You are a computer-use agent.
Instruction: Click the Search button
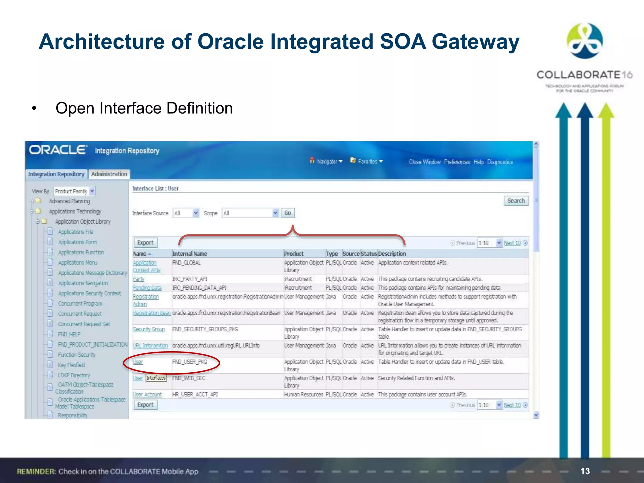tap(516, 201)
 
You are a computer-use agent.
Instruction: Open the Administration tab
tap(109, 174)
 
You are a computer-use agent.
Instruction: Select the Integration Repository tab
tap(56, 174)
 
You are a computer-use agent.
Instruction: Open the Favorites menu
tap(367, 161)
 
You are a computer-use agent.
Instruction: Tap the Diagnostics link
tap(500, 162)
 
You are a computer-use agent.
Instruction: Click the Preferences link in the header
tap(457, 162)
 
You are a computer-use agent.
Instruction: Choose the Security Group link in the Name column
tap(149, 329)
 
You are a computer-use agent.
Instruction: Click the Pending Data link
tap(147, 288)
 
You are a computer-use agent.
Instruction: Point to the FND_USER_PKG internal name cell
tap(190, 362)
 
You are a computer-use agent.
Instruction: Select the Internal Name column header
tap(190, 254)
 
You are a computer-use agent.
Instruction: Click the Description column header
tap(392, 254)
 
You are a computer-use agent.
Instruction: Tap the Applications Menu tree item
tap(77, 263)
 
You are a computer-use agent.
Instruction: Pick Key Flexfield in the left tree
tap(71, 365)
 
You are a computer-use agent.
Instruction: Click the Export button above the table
tap(145, 243)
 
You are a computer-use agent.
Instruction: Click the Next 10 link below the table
tap(512, 405)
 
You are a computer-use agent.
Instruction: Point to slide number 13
tap(585, 471)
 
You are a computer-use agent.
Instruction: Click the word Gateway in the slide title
tap(475, 42)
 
